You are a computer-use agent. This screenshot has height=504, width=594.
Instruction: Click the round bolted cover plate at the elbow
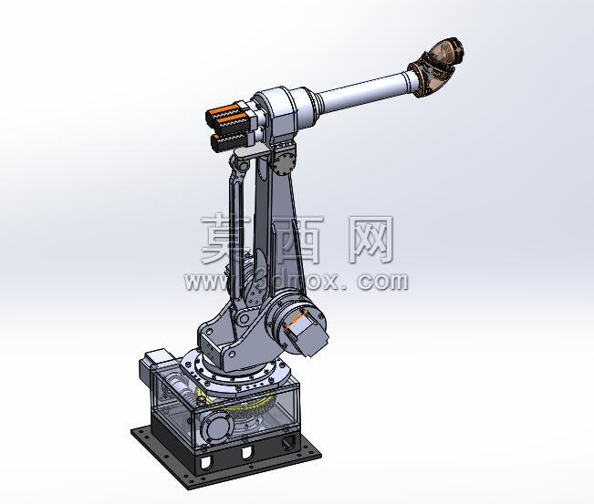tap(284, 163)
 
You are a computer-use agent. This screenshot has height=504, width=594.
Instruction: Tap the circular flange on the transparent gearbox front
tap(216, 427)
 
